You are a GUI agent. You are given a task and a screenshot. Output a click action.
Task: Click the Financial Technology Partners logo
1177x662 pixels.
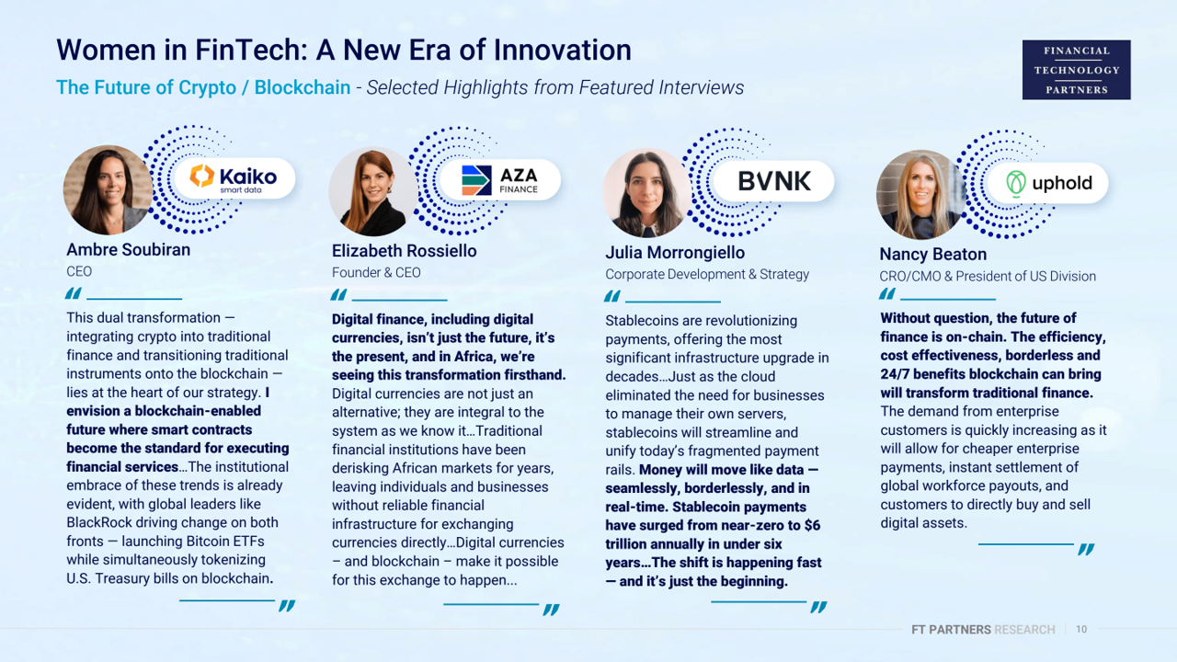point(1076,70)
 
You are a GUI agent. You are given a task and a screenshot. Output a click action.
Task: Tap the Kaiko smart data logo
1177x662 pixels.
point(234,177)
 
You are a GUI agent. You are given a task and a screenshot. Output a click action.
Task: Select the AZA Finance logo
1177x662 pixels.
point(499,180)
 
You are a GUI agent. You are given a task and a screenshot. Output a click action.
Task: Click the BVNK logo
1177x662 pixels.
point(774,181)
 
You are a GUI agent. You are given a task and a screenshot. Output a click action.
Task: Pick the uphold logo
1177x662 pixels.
point(1049,183)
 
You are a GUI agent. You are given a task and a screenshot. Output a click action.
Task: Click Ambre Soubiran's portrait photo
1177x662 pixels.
point(108,189)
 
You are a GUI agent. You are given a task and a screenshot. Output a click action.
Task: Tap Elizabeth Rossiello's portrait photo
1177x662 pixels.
point(373,191)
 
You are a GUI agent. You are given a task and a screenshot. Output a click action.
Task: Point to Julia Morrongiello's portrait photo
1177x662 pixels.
point(646,193)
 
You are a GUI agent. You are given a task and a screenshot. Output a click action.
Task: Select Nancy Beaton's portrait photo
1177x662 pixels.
point(920,195)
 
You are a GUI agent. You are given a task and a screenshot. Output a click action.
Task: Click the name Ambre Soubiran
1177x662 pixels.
point(128,249)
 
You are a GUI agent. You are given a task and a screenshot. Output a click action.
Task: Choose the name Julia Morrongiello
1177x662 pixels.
point(675,253)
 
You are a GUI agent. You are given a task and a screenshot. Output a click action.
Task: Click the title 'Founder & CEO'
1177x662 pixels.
point(376,273)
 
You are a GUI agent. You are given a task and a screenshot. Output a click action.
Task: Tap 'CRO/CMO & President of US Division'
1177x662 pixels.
point(988,277)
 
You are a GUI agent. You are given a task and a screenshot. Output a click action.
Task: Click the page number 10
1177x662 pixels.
point(1081,629)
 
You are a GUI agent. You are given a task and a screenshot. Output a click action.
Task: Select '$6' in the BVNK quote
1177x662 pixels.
point(812,525)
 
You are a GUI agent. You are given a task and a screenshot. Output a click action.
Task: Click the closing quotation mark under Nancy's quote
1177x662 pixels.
point(1086,550)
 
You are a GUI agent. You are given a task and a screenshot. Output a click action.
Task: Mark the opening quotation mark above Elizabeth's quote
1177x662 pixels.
point(338,295)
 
